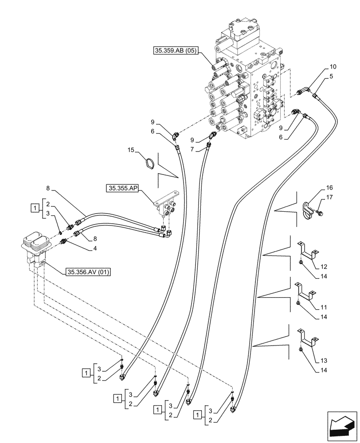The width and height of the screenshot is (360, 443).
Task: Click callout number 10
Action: point(333,67)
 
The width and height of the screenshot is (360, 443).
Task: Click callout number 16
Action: point(329,188)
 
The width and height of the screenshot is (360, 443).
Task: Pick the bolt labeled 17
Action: point(320,213)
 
